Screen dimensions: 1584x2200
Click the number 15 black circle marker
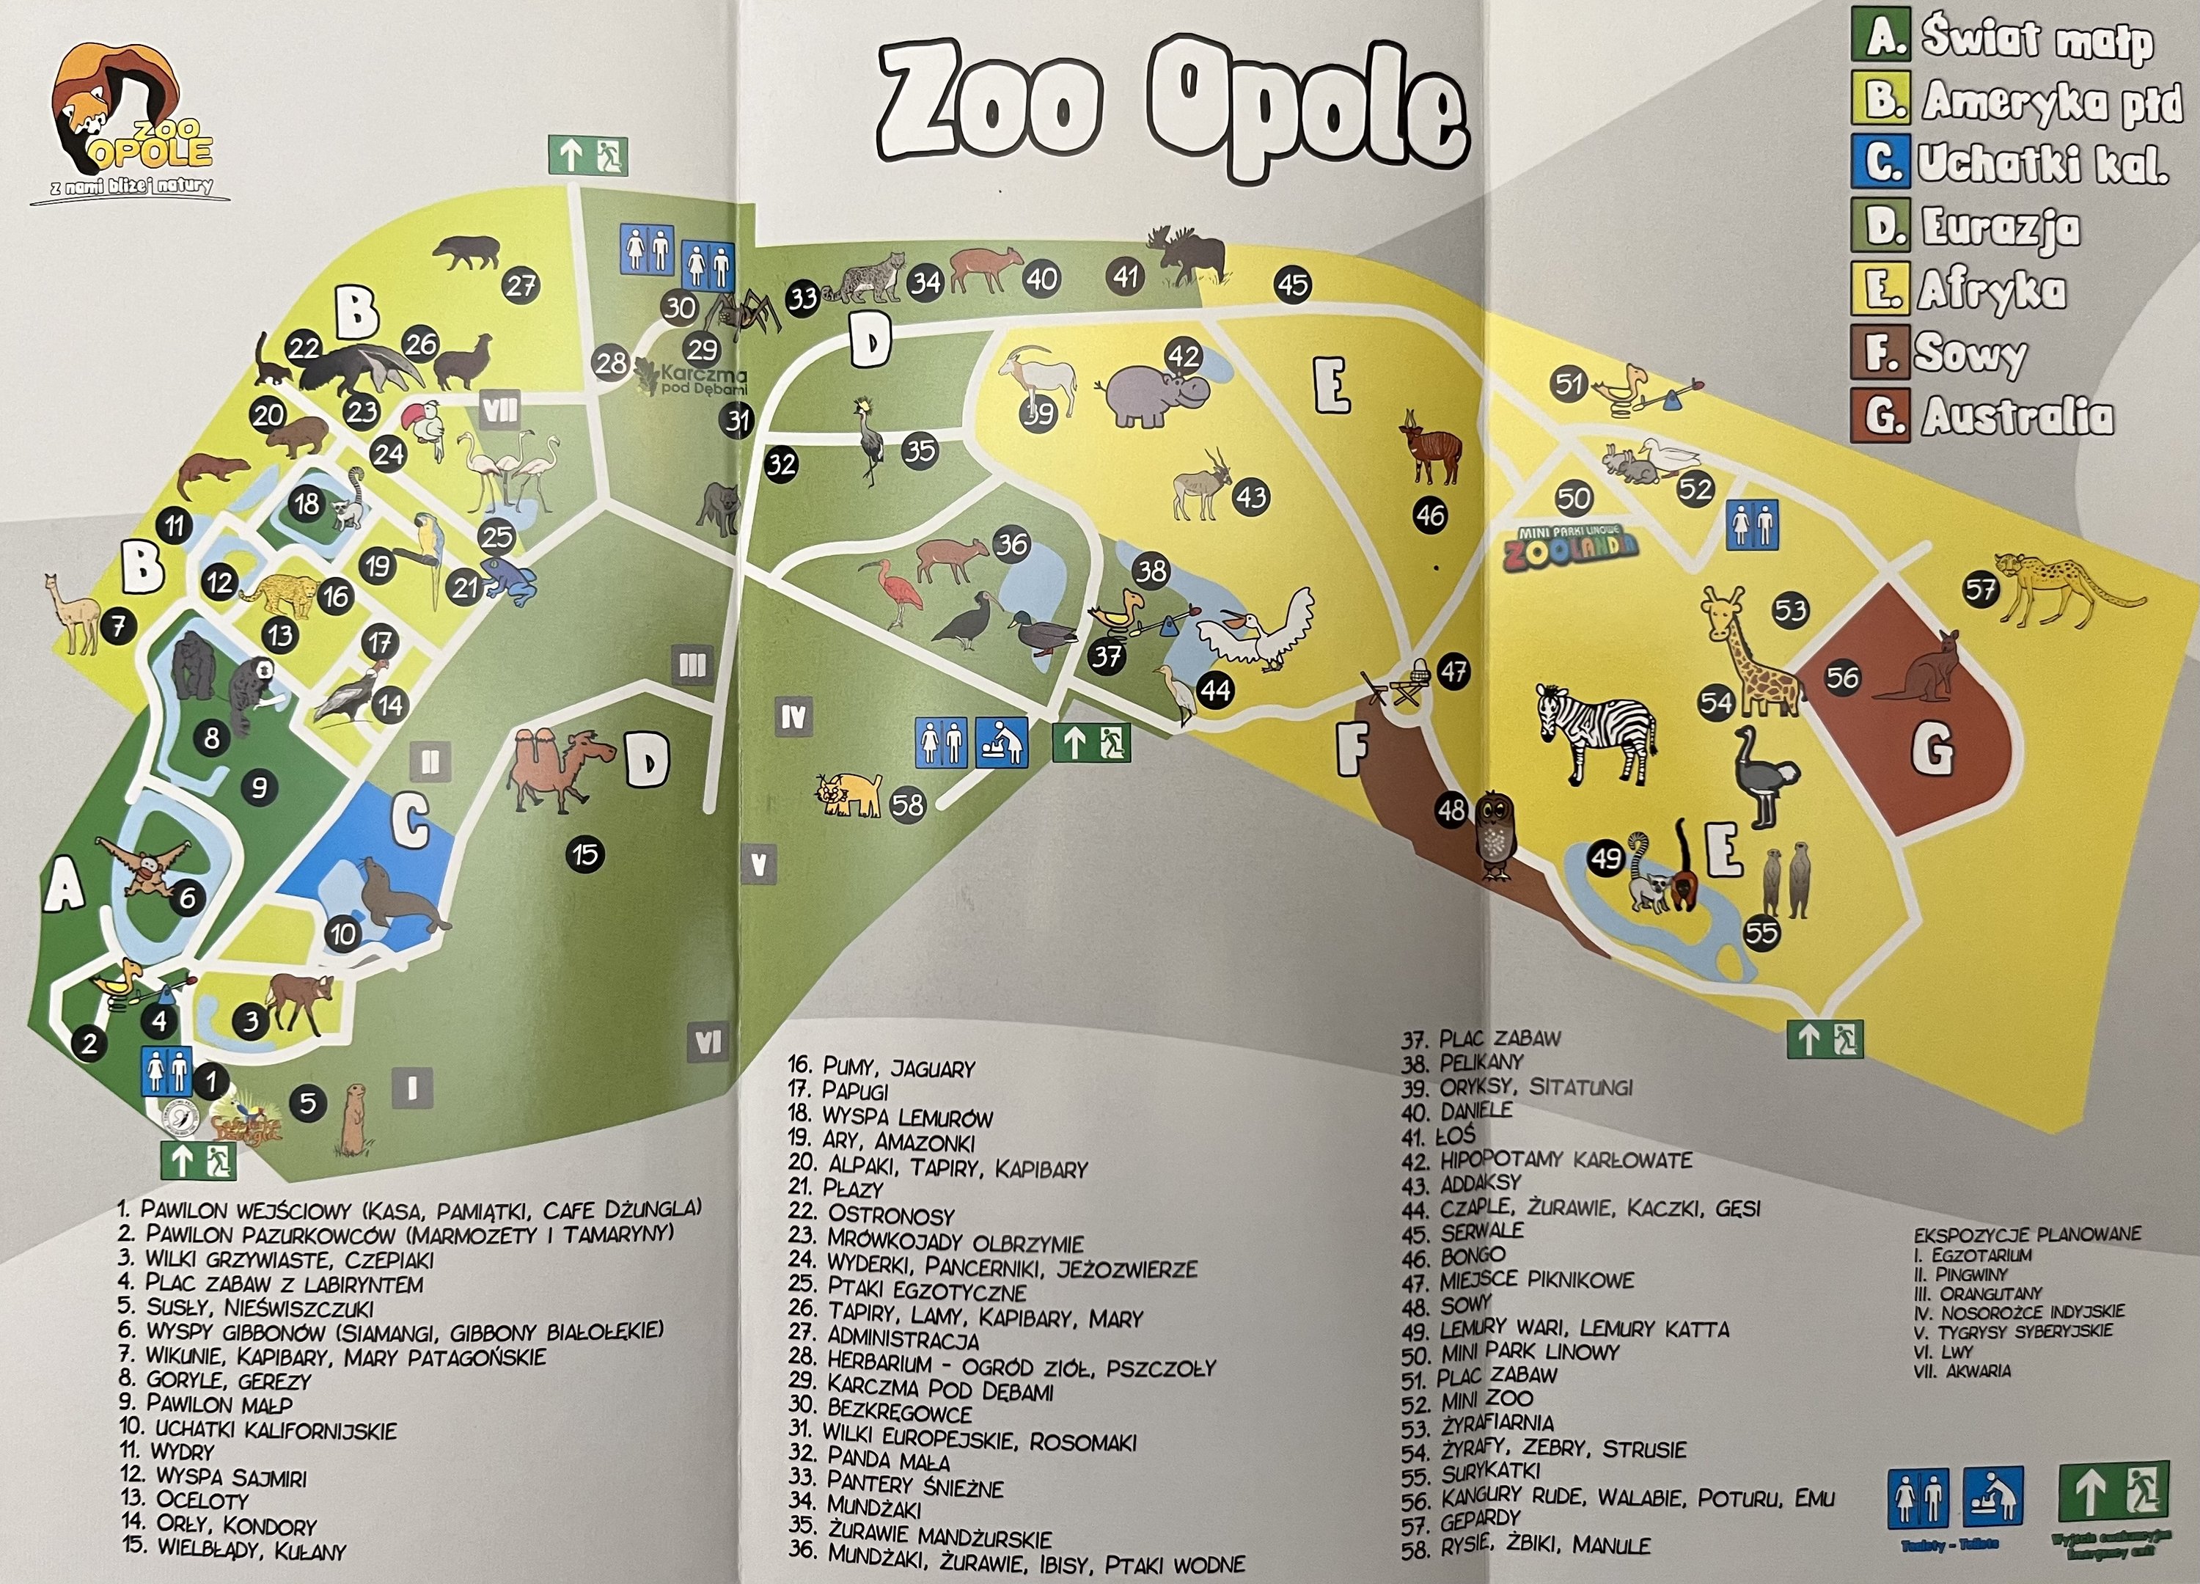585,854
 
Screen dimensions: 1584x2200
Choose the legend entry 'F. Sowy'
1941,353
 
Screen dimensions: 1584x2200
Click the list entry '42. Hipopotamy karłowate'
1548,1160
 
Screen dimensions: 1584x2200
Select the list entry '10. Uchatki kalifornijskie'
258,1429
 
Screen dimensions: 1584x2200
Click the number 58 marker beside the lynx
908,805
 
